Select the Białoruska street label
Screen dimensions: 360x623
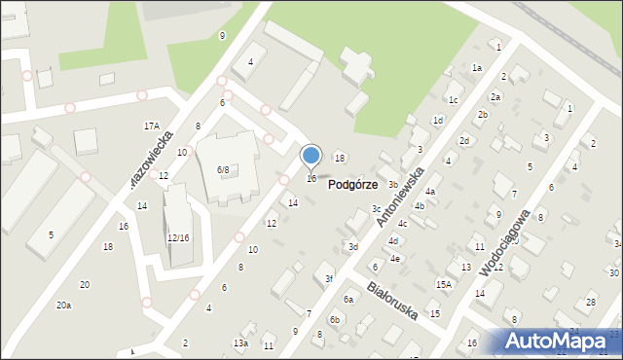click(x=393, y=302)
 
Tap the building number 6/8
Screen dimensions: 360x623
click(x=223, y=170)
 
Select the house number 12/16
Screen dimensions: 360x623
click(x=178, y=238)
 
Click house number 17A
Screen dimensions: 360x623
click(x=152, y=126)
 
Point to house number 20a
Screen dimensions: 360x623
click(x=63, y=306)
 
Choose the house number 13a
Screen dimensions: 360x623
click(x=240, y=343)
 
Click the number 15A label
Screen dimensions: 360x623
click(x=444, y=284)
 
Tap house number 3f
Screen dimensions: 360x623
click(x=329, y=279)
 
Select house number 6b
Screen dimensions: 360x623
click(x=335, y=319)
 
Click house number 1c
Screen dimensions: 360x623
click(x=453, y=100)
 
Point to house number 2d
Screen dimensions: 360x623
click(x=464, y=141)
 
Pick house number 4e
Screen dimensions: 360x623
click(x=395, y=259)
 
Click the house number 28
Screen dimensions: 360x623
click(x=591, y=303)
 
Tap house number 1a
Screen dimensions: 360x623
click(x=477, y=68)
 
